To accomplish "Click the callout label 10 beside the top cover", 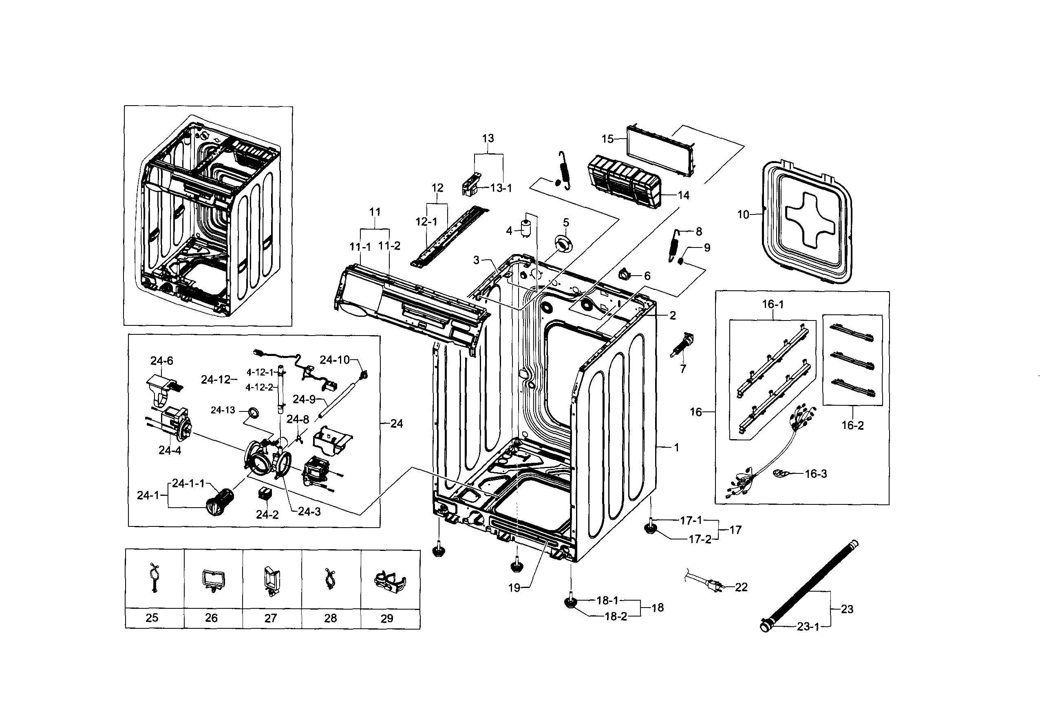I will point(743,215).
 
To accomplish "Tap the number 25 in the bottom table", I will point(152,618).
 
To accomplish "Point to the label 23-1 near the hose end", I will point(808,627).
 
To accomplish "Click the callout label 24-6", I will point(161,360).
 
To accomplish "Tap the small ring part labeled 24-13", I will point(253,412).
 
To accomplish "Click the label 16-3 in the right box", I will point(816,473).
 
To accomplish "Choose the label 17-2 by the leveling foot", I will point(700,539).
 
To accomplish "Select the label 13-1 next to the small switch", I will point(501,188).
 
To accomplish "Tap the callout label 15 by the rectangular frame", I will point(607,139).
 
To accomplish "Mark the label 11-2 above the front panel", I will point(389,246).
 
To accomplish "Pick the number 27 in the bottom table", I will point(270,618).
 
